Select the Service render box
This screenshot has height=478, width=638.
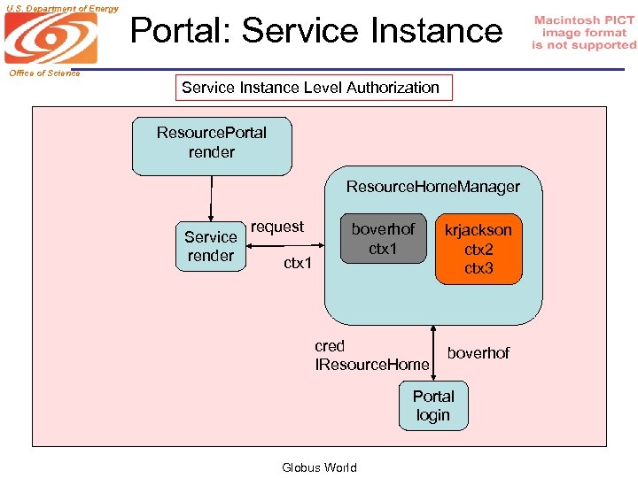[x=211, y=246]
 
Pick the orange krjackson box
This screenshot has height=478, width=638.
[x=478, y=249]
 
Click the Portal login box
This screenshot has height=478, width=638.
[x=433, y=405]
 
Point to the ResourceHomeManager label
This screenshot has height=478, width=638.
[x=432, y=187]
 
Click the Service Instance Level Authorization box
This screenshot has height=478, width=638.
[x=311, y=88]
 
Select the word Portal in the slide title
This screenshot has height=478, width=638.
[x=182, y=30]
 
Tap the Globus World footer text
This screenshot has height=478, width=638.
[x=319, y=467]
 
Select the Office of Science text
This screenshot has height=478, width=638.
[x=44, y=73]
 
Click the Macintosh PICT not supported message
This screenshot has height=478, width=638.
[x=584, y=33]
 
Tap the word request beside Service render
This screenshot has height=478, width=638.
[x=277, y=227]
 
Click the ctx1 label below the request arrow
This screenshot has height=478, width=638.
[x=298, y=263]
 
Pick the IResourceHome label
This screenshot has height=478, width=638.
[x=372, y=365]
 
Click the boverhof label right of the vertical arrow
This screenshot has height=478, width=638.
[x=478, y=353]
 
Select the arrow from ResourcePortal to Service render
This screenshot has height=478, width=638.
[x=211, y=197]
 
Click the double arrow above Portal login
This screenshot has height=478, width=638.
[x=433, y=353]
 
